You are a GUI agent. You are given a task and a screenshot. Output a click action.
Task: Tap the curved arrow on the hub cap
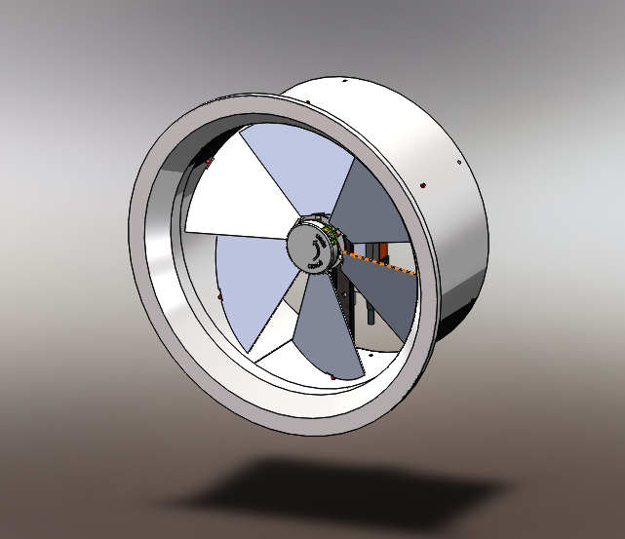313,254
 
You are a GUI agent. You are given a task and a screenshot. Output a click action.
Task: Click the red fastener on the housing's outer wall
421,183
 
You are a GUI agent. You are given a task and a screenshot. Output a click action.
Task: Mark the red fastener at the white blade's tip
208,162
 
